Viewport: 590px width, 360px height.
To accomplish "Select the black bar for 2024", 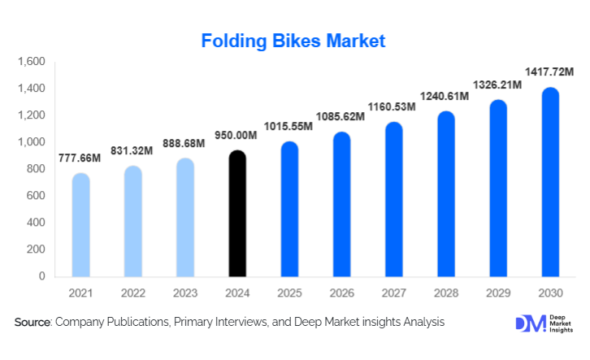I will pyautogui.click(x=237, y=214).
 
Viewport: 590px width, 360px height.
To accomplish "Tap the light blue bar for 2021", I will pyautogui.click(x=81, y=225).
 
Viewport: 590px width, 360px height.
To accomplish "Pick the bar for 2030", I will pyautogui.click(x=550, y=182).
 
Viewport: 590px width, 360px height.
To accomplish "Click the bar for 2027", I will pyautogui.click(x=394, y=199).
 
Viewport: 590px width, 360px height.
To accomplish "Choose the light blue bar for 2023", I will pyautogui.click(x=185, y=217).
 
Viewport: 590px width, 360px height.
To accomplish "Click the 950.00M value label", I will pyautogui.click(x=237, y=136).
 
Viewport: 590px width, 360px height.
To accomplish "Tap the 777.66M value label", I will pyautogui.click(x=80, y=158).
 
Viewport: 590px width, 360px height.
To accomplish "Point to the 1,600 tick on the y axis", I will pyautogui.click(x=31, y=62).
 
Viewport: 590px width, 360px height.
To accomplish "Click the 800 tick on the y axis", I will pyautogui.click(x=35, y=169).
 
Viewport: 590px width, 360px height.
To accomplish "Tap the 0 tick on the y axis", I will pyautogui.click(x=41, y=276).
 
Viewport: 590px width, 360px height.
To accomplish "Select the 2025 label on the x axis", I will pyautogui.click(x=289, y=293).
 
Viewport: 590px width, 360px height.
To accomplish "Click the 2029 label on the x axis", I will pyautogui.click(x=498, y=293).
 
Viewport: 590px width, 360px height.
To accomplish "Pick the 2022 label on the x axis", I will pyautogui.click(x=133, y=293).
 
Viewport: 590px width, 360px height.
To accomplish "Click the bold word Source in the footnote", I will pyautogui.click(x=33, y=323).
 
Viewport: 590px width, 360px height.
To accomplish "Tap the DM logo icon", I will pyautogui.click(x=526, y=323).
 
